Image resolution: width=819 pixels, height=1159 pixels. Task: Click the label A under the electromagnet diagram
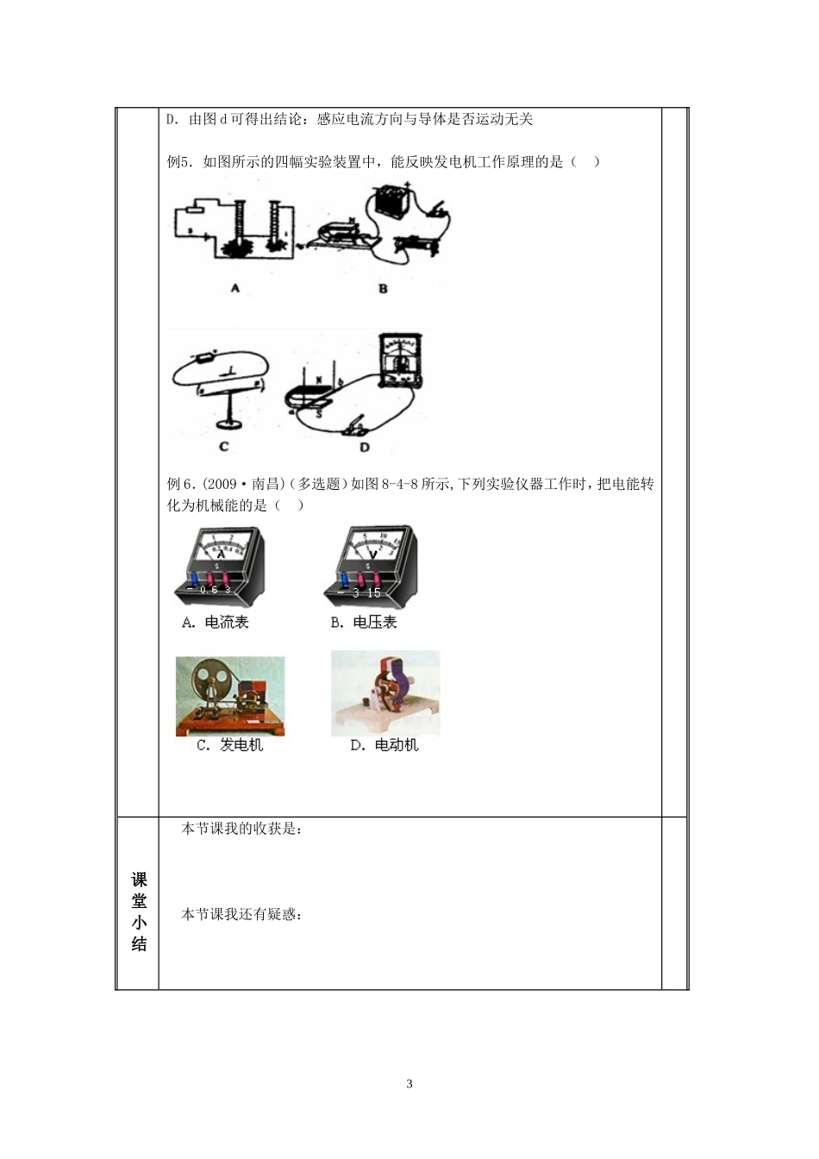[x=234, y=289]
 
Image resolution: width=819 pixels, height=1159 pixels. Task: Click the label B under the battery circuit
[x=384, y=289]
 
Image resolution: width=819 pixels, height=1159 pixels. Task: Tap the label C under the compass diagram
[x=224, y=447]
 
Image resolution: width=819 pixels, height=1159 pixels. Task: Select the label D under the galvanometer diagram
[x=365, y=447]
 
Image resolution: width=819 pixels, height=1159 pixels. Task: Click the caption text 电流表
[x=227, y=622]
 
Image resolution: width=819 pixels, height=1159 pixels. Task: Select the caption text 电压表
[x=376, y=622]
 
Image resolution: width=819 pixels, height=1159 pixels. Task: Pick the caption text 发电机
[x=241, y=745]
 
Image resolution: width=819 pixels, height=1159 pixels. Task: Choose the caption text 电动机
[x=397, y=745]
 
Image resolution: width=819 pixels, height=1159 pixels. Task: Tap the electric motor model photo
[x=385, y=692]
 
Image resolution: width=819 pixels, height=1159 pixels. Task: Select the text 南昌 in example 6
[x=266, y=484]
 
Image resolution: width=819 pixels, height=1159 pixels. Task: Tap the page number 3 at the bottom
[x=409, y=1084]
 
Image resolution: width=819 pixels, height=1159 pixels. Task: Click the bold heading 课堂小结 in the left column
[x=139, y=912]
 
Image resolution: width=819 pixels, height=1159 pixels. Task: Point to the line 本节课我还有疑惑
[x=241, y=914]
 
